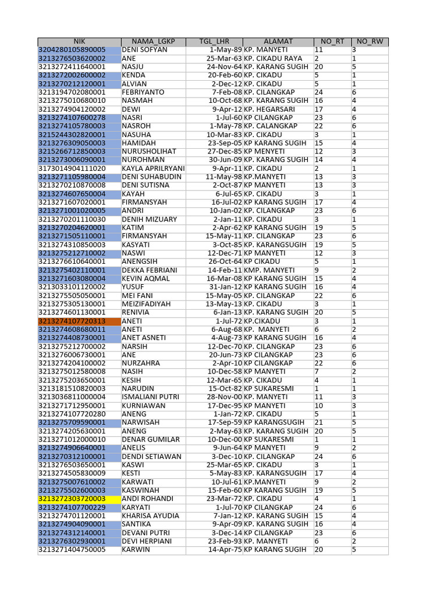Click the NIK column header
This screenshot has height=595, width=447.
pyautogui.click(x=79, y=42)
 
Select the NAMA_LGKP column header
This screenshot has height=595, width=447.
pyautogui.click(x=153, y=42)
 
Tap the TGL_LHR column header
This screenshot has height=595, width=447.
pyautogui.click(x=214, y=42)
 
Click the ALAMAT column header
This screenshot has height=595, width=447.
pyautogui.click(x=278, y=42)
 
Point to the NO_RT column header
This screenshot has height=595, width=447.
pyautogui.click(x=332, y=42)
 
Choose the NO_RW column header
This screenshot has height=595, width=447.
pyautogui.click(x=370, y=42)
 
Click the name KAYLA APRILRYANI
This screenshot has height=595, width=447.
pyautogui.click(x=153, y=169)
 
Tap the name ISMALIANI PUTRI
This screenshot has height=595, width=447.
pyautogui.click(x=150, y=397)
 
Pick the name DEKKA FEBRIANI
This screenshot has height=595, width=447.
pyautogui.click(x=149, y=270)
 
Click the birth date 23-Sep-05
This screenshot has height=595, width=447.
pyautogui.click(x=225, y=143)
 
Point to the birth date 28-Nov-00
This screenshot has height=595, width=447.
pyautogui.click(x=225, y=397)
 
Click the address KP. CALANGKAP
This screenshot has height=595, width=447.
pyautogui.click(x=271, y=126)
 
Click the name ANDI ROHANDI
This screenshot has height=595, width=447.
pyautogui.click(x=148, y=499)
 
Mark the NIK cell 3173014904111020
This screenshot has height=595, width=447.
pyautogui.click(x=72, y=169)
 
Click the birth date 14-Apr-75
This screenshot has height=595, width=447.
pyautogui.click(x=225, y=549)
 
